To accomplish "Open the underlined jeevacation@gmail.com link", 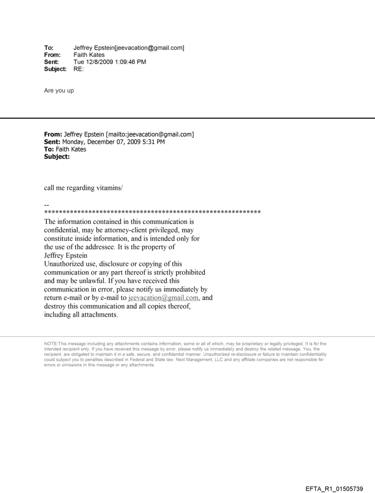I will coord(158,298).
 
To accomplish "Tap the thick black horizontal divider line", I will coord(187,119).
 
